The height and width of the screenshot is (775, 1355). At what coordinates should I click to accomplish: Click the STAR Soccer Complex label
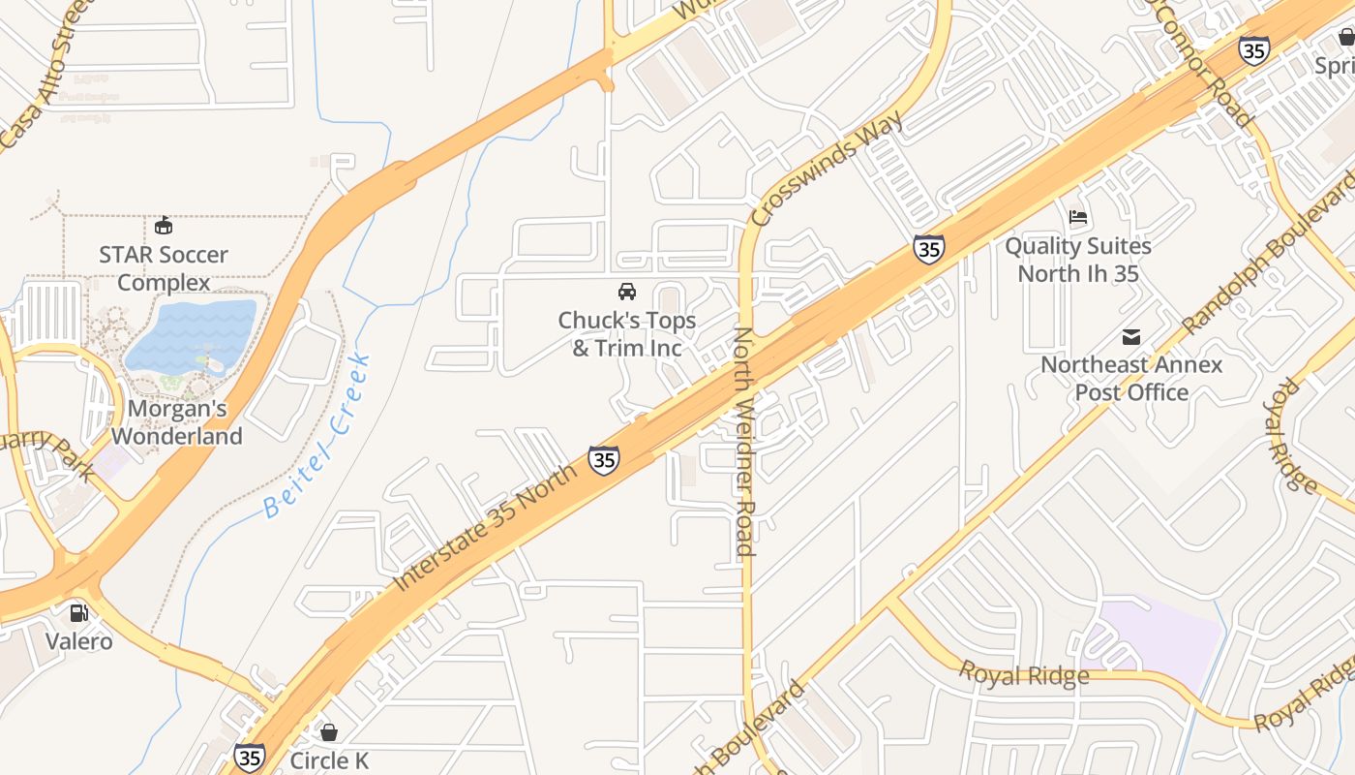coord(164,268)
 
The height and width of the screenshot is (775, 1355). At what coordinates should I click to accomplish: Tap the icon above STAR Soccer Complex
coord(164,226)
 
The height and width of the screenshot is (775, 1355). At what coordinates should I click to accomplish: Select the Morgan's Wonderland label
coord(176,422)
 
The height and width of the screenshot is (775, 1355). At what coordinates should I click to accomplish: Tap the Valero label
coord(78,641)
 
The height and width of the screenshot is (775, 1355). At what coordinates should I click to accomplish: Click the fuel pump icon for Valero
coord(78,612)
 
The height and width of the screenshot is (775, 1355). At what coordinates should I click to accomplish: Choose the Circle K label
coord(329,760)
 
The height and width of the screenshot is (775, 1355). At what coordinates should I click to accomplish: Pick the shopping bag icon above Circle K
coord(329,732)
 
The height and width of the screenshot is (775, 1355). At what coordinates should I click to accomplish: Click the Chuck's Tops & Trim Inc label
coord(626,334)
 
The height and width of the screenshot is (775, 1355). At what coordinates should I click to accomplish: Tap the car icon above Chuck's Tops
coord(626,291)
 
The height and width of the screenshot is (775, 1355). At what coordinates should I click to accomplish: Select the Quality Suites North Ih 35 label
coord(1077,260)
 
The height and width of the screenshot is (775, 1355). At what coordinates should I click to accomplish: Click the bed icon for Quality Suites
coord(1078,217)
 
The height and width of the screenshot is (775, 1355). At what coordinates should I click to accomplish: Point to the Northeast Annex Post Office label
coord(1131,379)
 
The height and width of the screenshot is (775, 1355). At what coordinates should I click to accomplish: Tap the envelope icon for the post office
coord(1131,337)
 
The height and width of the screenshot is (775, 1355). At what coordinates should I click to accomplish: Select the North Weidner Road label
coord(743,442)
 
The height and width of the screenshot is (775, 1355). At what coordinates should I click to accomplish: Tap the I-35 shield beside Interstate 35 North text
coord(604,460)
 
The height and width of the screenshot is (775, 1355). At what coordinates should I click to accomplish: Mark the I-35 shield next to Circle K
coord(250,757)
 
